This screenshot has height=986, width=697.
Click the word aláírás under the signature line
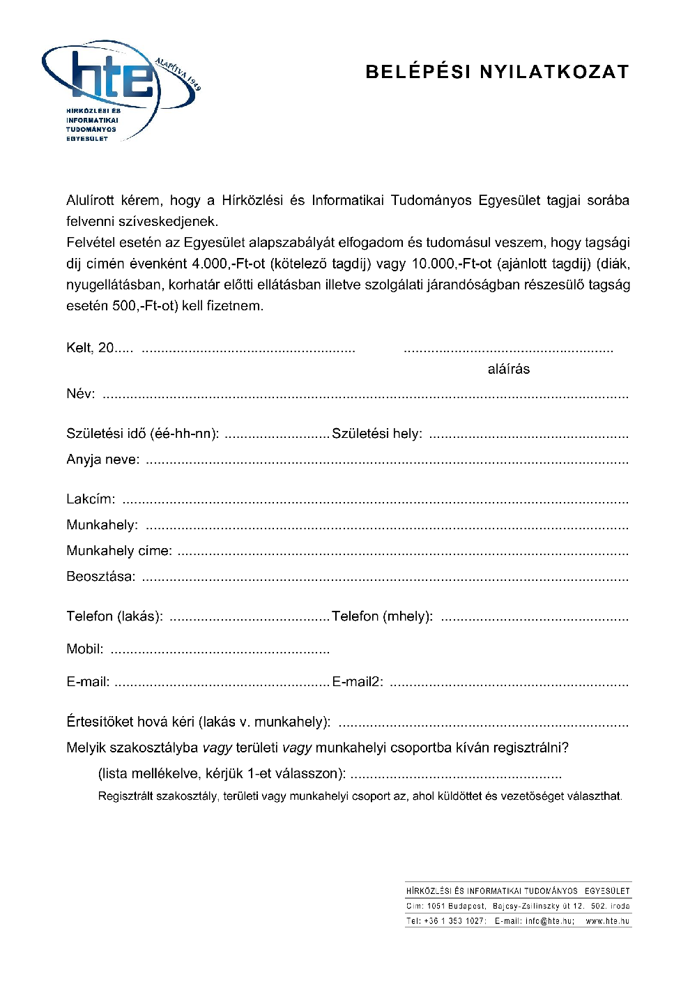tap(508, 370)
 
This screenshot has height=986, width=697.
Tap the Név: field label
tap(81, 394)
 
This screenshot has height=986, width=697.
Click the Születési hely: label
tap(376, 434)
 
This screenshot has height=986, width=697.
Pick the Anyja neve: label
tap(102, 460)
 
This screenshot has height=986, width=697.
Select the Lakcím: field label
tap(91, 499)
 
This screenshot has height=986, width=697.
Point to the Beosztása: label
tap(101, 577)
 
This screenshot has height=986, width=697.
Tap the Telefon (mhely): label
tap(382, 616)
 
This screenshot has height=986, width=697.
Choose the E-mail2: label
tap(357, 682)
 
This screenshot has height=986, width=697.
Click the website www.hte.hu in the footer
tap(607, 921)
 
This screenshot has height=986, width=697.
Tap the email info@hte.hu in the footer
tap(549, 921)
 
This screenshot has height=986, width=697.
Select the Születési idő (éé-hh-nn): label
tap(142, 434)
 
